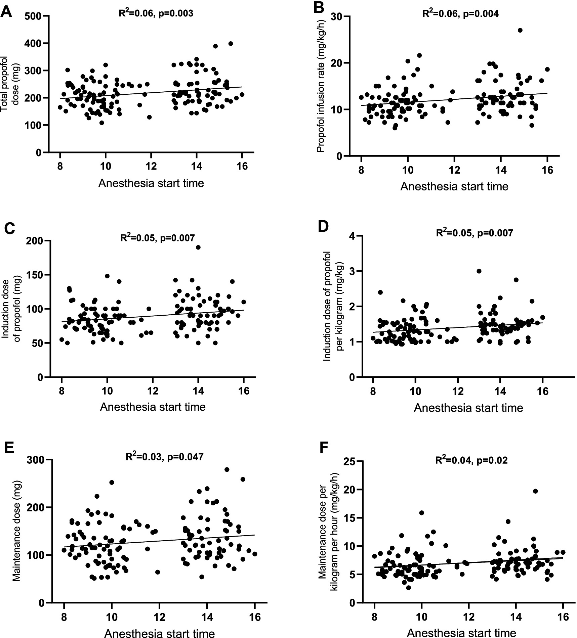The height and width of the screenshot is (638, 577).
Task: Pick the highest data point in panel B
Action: tap(520, 30)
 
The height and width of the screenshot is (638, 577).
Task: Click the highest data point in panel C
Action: tap(198, 247)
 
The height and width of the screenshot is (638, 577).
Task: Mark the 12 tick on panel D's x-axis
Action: tap(458, 392)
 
